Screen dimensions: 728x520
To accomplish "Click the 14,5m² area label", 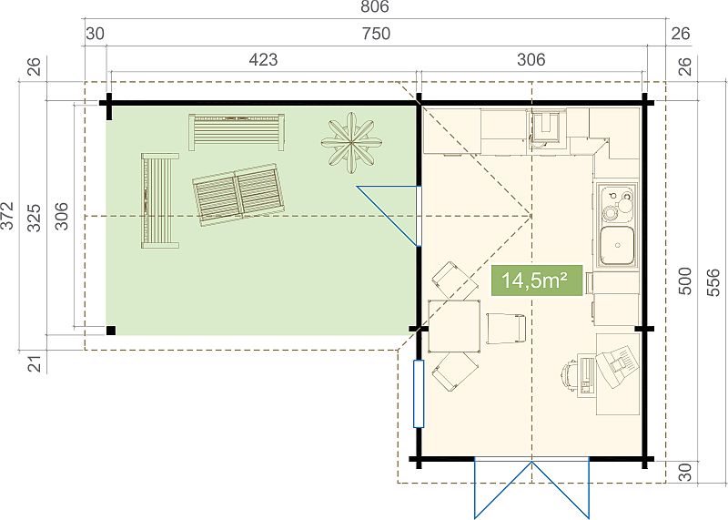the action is (537, 280).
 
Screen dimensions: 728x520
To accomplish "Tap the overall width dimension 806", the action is (374, 6).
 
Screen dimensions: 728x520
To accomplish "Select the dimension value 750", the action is (376, 34).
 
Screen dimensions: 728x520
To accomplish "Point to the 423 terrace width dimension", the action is (263, 59).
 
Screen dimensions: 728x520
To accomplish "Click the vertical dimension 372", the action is (7, 215).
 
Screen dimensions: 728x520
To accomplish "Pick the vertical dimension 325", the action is (35, 217).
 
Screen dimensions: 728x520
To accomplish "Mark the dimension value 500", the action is (685, 280).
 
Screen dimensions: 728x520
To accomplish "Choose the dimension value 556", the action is (713, 282).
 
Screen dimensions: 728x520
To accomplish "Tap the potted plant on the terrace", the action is (351, 143).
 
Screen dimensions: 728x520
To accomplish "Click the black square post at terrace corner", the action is (111, 331).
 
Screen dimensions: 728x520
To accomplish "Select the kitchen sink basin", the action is (617, 245).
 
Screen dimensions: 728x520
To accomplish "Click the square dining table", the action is (454, 326).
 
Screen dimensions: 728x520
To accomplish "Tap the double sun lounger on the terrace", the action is (238, 194).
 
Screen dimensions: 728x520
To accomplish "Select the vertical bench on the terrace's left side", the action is (160, 200).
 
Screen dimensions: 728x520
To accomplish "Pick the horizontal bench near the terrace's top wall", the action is (237, 132).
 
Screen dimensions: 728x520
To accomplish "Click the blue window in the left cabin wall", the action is (419, 393).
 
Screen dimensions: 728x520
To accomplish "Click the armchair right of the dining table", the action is (506, 329).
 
